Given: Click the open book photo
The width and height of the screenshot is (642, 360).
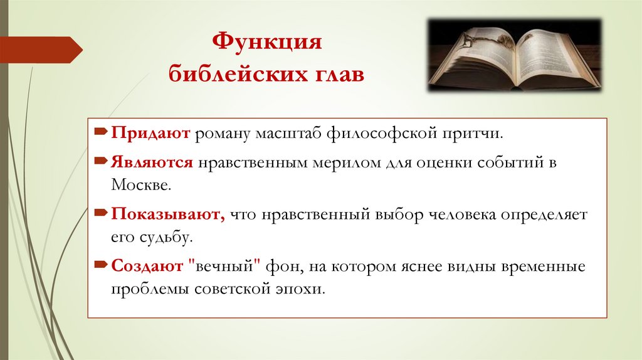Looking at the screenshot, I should (514, 55).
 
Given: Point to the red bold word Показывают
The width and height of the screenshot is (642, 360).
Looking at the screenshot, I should (167, 214).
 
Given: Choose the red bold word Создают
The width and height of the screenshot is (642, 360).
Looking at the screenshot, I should (147, 267).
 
